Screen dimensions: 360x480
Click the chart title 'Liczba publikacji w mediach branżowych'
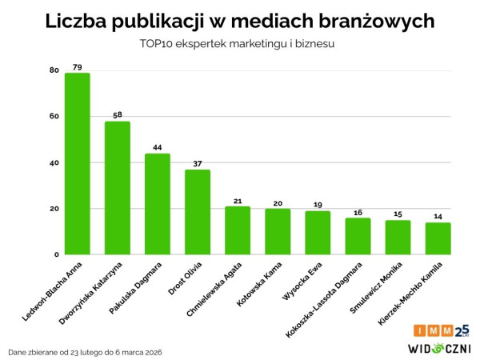coord(240,21)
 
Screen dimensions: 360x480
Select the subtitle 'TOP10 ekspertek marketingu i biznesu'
coord(240,45)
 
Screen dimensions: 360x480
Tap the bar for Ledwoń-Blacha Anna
coord(78,164)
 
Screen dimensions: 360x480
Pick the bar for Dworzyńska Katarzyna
coord(118,188)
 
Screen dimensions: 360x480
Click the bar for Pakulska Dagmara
coord(158,204)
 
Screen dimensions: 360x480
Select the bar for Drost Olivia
coord(198,212)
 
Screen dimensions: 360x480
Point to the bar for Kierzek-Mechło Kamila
coord(438,238)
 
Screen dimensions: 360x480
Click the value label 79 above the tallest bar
coord(78,66)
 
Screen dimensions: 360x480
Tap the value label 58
coord(118,114)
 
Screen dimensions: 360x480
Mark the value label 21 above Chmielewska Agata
coord(238,200)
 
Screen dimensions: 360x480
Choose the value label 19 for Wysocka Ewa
coord(318,205)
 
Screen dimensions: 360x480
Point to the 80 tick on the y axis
coord(54,70)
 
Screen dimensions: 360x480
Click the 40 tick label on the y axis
coord(54,163)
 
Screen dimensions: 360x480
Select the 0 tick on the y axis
coord(57,255)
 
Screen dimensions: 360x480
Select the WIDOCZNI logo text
coord(439,347)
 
